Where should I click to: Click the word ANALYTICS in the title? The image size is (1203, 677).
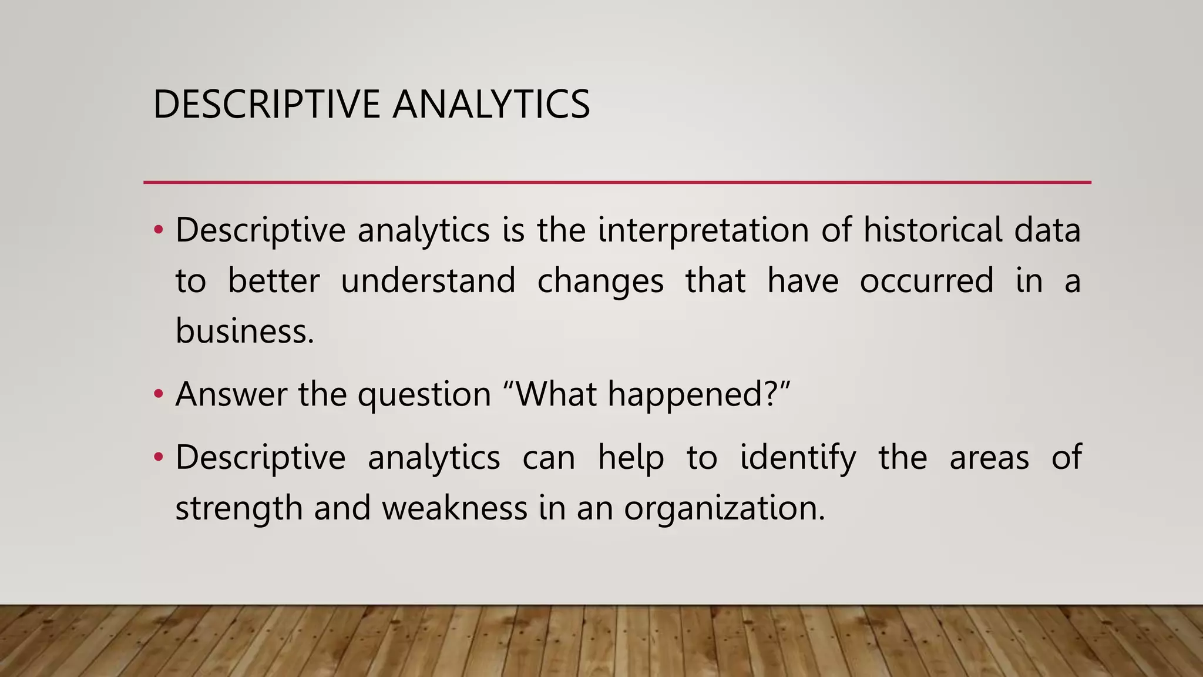coord(491,105)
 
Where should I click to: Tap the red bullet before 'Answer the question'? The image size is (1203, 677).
coord(158,394)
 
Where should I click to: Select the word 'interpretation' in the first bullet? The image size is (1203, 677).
coord(703,230)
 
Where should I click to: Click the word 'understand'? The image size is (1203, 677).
coord(428,280)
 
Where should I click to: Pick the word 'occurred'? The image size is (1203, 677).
coord(926,280)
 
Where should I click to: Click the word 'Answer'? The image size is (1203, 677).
coord(231,394)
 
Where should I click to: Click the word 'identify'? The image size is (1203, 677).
coord(798,458)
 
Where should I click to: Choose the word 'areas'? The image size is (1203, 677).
coord(989,458)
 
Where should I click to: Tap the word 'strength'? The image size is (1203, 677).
coord(238,508)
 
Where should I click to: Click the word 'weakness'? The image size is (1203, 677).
coord(455,508)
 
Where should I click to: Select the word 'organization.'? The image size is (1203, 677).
coord(724,508)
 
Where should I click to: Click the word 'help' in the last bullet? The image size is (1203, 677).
coord(631,458)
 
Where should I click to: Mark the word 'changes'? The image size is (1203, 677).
coord(600,281)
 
